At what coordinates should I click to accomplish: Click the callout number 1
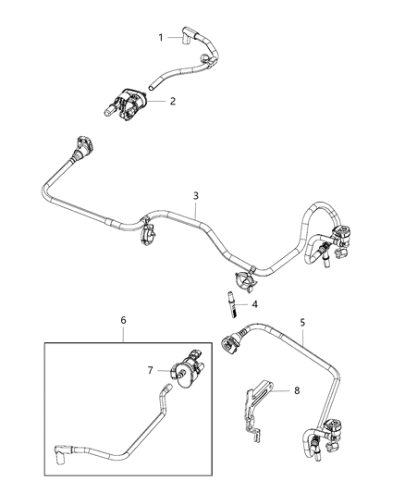pos(160,37)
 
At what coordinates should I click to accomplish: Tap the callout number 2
pos(173,101)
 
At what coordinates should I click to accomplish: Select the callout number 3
pos(195,195)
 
